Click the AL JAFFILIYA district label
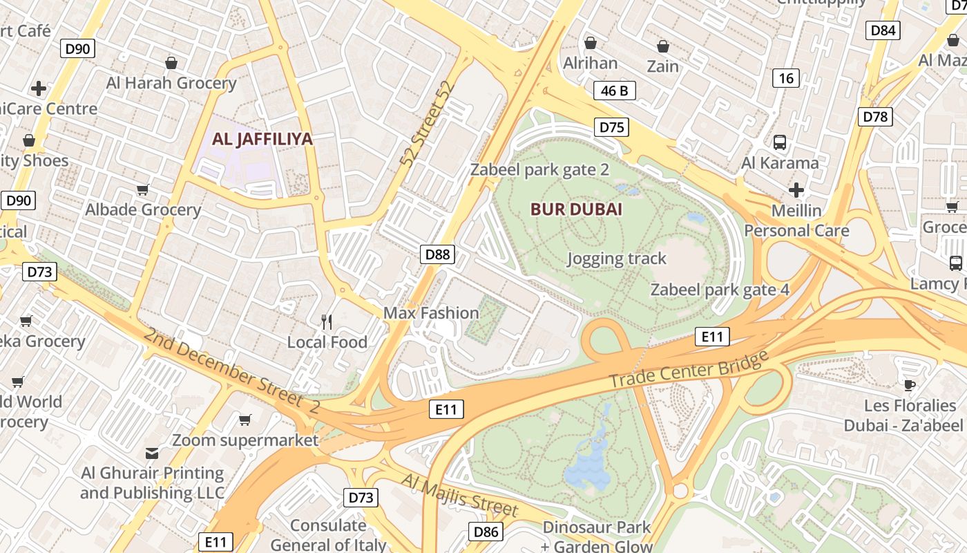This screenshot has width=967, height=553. (262, 139)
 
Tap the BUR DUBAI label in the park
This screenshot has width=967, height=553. (576, 209)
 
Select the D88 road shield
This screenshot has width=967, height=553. (437, 254)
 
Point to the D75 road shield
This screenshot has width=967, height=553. (611, 126)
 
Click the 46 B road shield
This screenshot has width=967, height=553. (614, 91)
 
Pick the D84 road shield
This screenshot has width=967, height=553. (883, 30)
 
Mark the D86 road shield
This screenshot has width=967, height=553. (486, 531)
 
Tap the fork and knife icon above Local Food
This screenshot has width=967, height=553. (327, 321)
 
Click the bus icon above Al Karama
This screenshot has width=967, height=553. (780, 142)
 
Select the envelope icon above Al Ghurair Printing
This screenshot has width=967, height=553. (152, 453)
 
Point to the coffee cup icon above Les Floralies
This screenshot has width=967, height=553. (910, 385)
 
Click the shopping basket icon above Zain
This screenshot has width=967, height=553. (663, 46)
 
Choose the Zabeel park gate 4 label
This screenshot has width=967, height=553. (720, 290)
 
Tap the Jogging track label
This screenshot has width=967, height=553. (616, 259)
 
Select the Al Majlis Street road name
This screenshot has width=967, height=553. (459, 495)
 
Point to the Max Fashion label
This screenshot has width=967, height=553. (431, 313)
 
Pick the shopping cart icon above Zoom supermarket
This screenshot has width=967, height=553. (245, 420)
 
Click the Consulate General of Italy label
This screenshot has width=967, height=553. (328, 535)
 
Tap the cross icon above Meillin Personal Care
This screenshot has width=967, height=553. (796, 189)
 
